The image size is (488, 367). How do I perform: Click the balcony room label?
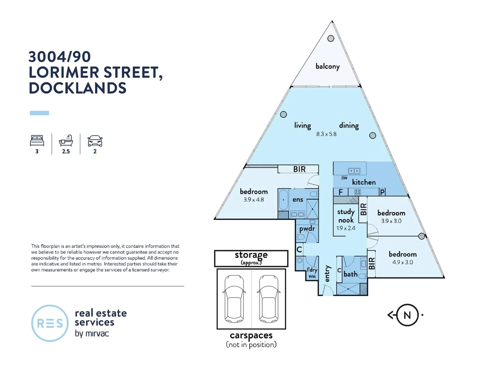[x=327, y=66]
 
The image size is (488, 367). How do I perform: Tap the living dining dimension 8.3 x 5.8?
[x=326, y=134]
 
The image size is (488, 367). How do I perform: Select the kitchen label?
[x=363, y=182]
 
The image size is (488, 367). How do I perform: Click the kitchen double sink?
[x=354, y=171]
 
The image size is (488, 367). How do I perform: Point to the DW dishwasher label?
[x=344, y=178]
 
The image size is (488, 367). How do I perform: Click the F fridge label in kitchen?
[x=340, y=192]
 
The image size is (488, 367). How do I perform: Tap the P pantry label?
[x=382, y=192]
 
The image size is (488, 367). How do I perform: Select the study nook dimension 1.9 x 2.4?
[x=346, y=228]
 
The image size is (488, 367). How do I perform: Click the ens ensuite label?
[x=297, y=200]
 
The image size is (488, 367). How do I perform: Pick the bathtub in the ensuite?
[x=283, y=200]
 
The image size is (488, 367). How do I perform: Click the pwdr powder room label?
[x=307, y=229]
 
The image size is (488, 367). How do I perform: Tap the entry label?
[x=327, y=274]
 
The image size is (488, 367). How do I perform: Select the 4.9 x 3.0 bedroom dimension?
[x=402, y=262]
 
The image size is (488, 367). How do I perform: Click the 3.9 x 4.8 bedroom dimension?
[x=254, y=200]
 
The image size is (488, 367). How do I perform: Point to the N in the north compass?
[x=407, y=315]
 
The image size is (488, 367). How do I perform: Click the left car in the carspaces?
[x=234, y=299]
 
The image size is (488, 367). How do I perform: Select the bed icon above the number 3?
[x=37, y=141]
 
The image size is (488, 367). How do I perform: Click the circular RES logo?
[x=50, y=323]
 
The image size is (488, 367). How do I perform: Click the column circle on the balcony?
[x=330, y=38]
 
